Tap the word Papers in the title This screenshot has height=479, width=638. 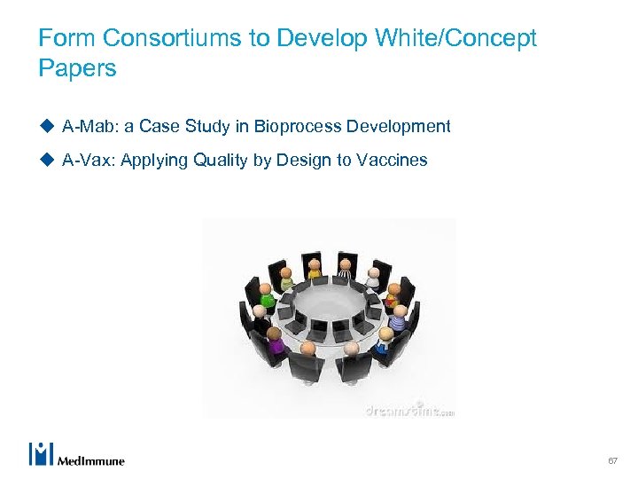coord(77,68)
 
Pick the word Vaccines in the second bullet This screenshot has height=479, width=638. coord(392,160)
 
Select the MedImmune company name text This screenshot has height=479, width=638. coord(90,460)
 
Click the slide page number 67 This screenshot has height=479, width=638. coord(612,461)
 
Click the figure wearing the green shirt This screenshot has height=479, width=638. coord(267,296)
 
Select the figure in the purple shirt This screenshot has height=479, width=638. coord(276,338)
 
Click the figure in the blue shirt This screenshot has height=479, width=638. coord(383,340)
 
